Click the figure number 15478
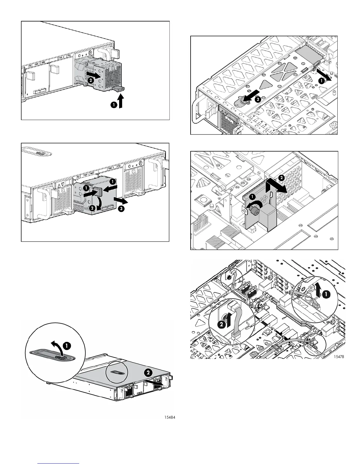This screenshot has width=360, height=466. pyautogui.click(x=339, y=357)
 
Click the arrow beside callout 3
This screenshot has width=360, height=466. pyautogui.click(x=121, y=201)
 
